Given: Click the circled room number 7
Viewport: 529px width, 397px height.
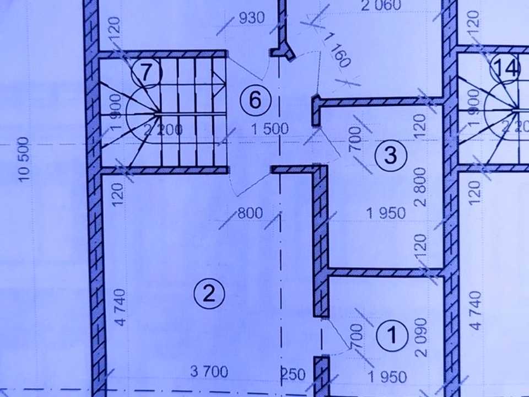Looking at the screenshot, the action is (147, 73).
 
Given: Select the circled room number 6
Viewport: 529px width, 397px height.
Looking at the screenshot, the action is (255, 100).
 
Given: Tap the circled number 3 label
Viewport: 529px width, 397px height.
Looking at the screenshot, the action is (391, 155).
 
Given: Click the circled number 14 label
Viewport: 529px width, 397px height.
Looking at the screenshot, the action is (506, 67).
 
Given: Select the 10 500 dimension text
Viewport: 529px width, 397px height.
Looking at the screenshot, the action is (24, 159).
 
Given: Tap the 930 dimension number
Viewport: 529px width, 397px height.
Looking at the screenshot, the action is (252, 18).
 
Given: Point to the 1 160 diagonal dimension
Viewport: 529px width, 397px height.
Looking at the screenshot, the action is (337, 50).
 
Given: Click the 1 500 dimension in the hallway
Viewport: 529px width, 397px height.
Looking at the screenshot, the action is (270, 129).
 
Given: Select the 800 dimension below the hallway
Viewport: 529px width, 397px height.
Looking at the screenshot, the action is (250, 213).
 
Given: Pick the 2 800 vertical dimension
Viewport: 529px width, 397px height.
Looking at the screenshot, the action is (420, 187).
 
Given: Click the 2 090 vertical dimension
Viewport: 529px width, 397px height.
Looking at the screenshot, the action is (421, 337).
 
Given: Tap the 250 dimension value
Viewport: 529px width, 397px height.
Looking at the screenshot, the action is (293, 374).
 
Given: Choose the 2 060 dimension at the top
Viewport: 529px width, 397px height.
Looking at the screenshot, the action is (381, 5).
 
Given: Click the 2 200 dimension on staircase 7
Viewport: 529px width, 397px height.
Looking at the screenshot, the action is (163, 130).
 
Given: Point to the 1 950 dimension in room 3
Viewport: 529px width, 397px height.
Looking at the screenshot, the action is (386, 213).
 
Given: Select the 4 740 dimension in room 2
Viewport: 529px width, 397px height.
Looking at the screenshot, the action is (121, 307).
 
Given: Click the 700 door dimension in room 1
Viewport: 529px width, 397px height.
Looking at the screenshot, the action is (357, 336).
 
